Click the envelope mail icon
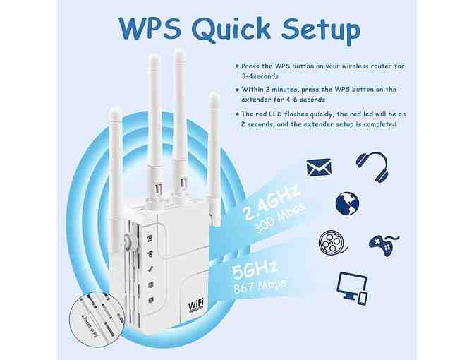[319, 167]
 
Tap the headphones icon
[371, 165]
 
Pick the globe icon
[347, 203]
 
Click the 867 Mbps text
[262, 284]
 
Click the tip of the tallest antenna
[179, 54]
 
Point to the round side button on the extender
[128, 242]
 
